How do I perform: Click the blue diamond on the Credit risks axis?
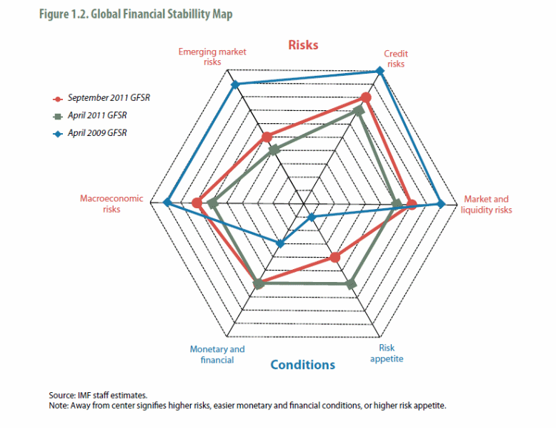379,72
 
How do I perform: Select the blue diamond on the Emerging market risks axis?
234,85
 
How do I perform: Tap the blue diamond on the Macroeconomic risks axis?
167,203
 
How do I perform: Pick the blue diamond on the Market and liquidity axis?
441,204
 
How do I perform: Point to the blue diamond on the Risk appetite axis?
311,217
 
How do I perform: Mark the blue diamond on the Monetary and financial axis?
280,243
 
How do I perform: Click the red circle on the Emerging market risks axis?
267,137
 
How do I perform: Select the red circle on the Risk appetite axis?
334,257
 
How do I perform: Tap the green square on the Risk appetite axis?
350,284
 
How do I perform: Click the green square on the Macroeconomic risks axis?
213,205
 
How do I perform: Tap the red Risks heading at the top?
303,45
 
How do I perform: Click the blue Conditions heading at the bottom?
302,365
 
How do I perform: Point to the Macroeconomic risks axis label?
111,204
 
